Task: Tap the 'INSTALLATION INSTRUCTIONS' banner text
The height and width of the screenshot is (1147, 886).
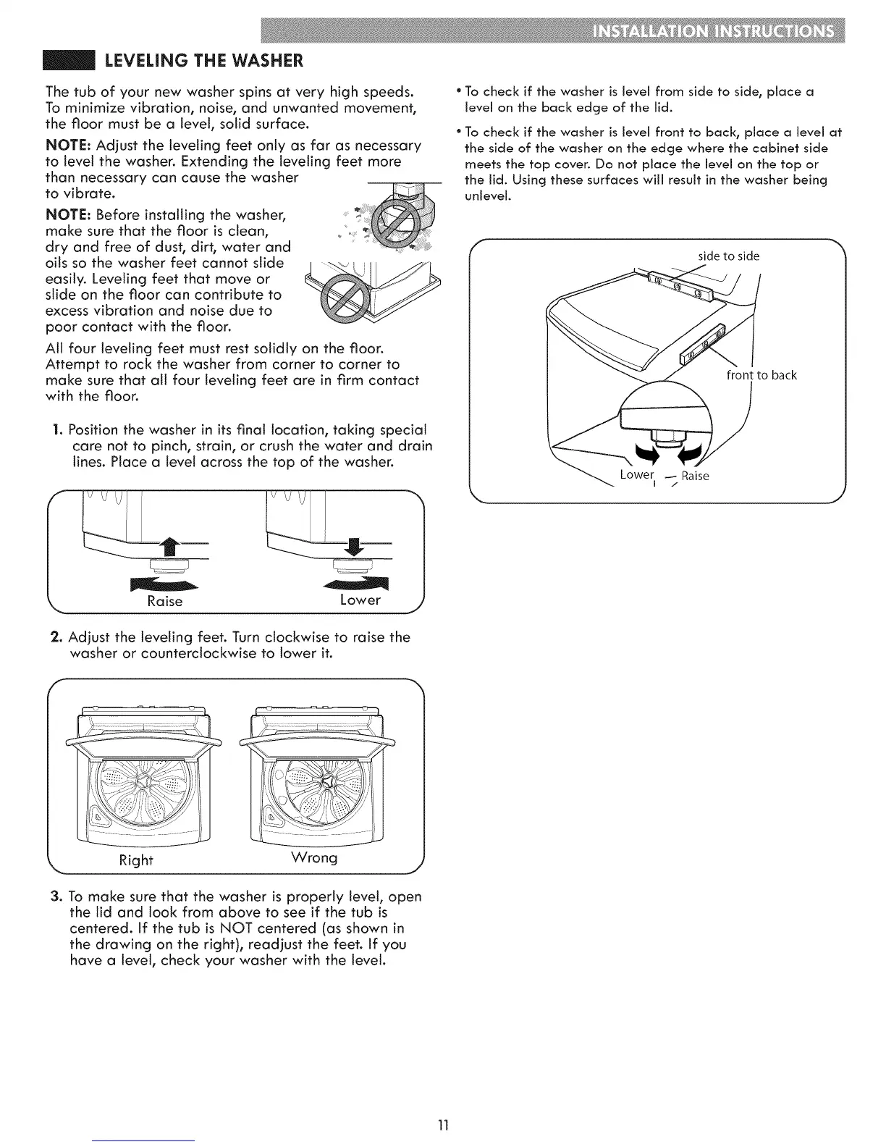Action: [712, 33]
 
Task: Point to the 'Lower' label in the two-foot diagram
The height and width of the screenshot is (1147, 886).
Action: [360, 600]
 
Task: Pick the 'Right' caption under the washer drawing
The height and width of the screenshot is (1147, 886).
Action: [136, 860]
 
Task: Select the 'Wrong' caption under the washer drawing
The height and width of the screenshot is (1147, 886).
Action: [313, 858]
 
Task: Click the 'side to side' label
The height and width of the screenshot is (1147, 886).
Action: [728, 256]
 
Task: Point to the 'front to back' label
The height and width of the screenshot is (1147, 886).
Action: [761, 374]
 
